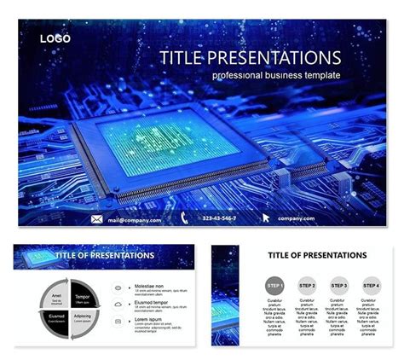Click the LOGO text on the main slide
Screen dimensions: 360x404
[55, 38]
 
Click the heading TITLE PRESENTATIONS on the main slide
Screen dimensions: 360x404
[250, 58]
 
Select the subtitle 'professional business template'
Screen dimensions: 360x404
[276, 76]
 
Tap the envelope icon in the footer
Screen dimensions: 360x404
[96, 219]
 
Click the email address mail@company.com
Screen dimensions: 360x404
[134, 220]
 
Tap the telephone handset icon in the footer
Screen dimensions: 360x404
[184, 219]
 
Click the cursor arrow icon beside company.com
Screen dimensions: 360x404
[266, 219]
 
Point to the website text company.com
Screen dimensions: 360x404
[296, 220]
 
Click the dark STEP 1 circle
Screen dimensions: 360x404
[274, 285]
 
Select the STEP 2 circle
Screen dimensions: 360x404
[307, 285]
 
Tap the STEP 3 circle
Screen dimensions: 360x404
[339, 285]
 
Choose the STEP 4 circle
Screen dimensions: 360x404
[372, 285]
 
